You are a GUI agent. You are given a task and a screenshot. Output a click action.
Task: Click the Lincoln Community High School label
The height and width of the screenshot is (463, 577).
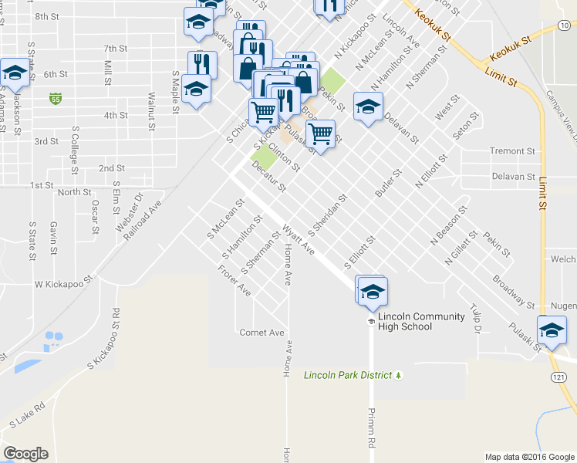(421, 321)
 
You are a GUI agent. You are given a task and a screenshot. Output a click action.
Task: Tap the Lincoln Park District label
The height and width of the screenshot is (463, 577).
(349, 376)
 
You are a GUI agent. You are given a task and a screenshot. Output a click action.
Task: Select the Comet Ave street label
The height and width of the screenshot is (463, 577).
(262, 332)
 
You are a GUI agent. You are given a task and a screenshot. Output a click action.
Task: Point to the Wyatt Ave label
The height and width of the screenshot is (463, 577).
(299, 241)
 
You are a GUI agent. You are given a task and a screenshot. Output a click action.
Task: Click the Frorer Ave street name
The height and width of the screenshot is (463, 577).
(235, 282)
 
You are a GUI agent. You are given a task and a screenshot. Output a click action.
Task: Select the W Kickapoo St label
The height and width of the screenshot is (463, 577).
(63, 284)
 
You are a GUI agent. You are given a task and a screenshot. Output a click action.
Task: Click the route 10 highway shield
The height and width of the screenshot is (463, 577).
(565, 25)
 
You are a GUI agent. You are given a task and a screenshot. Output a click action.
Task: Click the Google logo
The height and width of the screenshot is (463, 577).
(25, 454)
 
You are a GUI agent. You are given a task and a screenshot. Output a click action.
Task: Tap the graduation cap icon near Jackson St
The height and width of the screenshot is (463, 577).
(15, 72)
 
